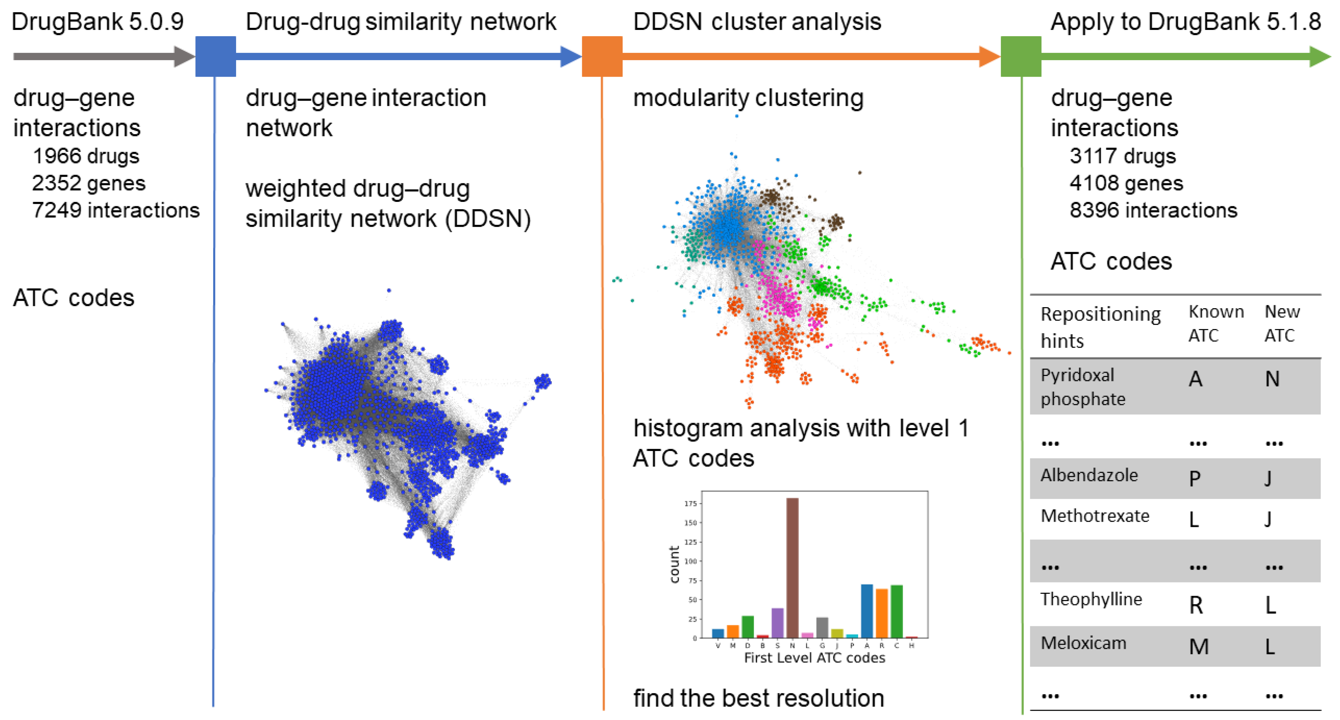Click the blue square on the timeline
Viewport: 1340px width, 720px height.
215,56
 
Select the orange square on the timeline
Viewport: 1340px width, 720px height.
602,56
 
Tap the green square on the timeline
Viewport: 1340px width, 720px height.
1021,56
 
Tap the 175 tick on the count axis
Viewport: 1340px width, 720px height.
690,503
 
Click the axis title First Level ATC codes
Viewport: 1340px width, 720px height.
814,658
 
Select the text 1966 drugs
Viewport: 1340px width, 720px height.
86,156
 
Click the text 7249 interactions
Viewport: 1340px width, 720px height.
116,210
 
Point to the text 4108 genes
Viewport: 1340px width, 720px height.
1126,183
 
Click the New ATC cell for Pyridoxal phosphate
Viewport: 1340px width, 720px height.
1272,379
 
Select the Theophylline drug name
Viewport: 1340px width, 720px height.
1091,599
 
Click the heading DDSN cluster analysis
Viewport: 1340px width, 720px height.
757,22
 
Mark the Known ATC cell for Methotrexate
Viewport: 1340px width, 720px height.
1194,519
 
